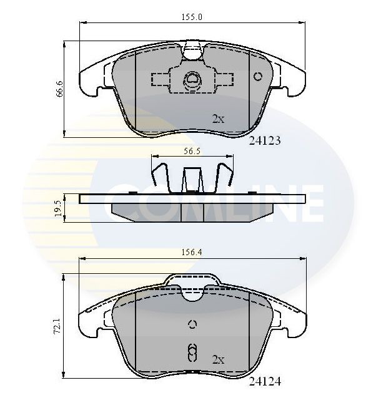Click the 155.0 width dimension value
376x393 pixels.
click(193, 17)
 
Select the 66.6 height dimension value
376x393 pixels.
click(59, 89)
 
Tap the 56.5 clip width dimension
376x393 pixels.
click(191, 150)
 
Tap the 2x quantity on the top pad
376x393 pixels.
click(217, 119)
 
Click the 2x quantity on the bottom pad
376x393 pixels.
click(218, 359)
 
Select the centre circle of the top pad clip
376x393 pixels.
click(192, 79)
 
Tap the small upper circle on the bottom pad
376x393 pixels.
click(192, 323)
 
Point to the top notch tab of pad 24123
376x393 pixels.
click(192, 47)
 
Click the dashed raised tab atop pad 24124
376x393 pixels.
click(192, 282)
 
